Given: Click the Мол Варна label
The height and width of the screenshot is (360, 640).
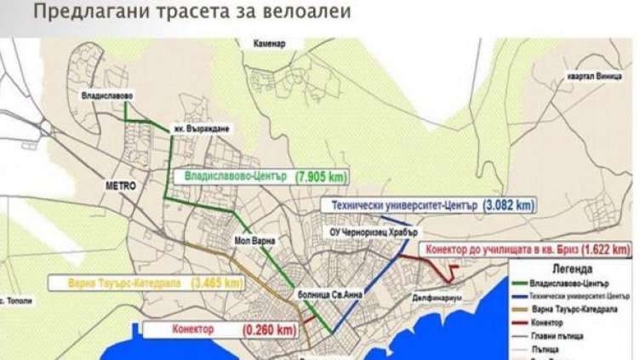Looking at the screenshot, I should click(x=255, y=241).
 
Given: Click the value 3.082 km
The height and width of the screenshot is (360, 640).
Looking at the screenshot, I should click(x=509, y=205).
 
